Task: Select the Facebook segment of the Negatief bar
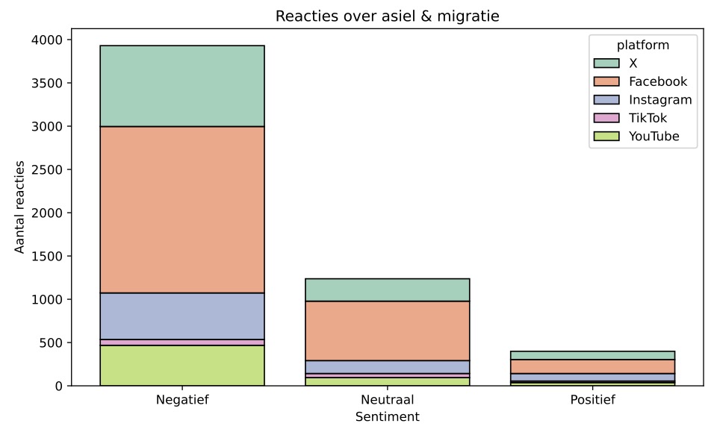(x=181, y=210)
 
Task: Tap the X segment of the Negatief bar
(x=181, y=86)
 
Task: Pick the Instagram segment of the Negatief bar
(x=181, y=316)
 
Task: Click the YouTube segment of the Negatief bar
(x=181, y=366)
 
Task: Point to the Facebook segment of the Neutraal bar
(x=387, y=331)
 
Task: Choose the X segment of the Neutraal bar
(x=387, y=290)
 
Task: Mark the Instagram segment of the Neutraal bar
(x=387, y=366)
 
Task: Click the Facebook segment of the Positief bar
(x=592, y=366)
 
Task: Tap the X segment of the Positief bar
(x=592, y=355)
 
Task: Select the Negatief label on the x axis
(x=181, y=400)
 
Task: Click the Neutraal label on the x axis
(x=387, y=400)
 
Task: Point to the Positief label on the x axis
(x=592, y=400)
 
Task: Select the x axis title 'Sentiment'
(x=387, y=416)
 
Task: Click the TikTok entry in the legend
(x=648, y=118)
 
